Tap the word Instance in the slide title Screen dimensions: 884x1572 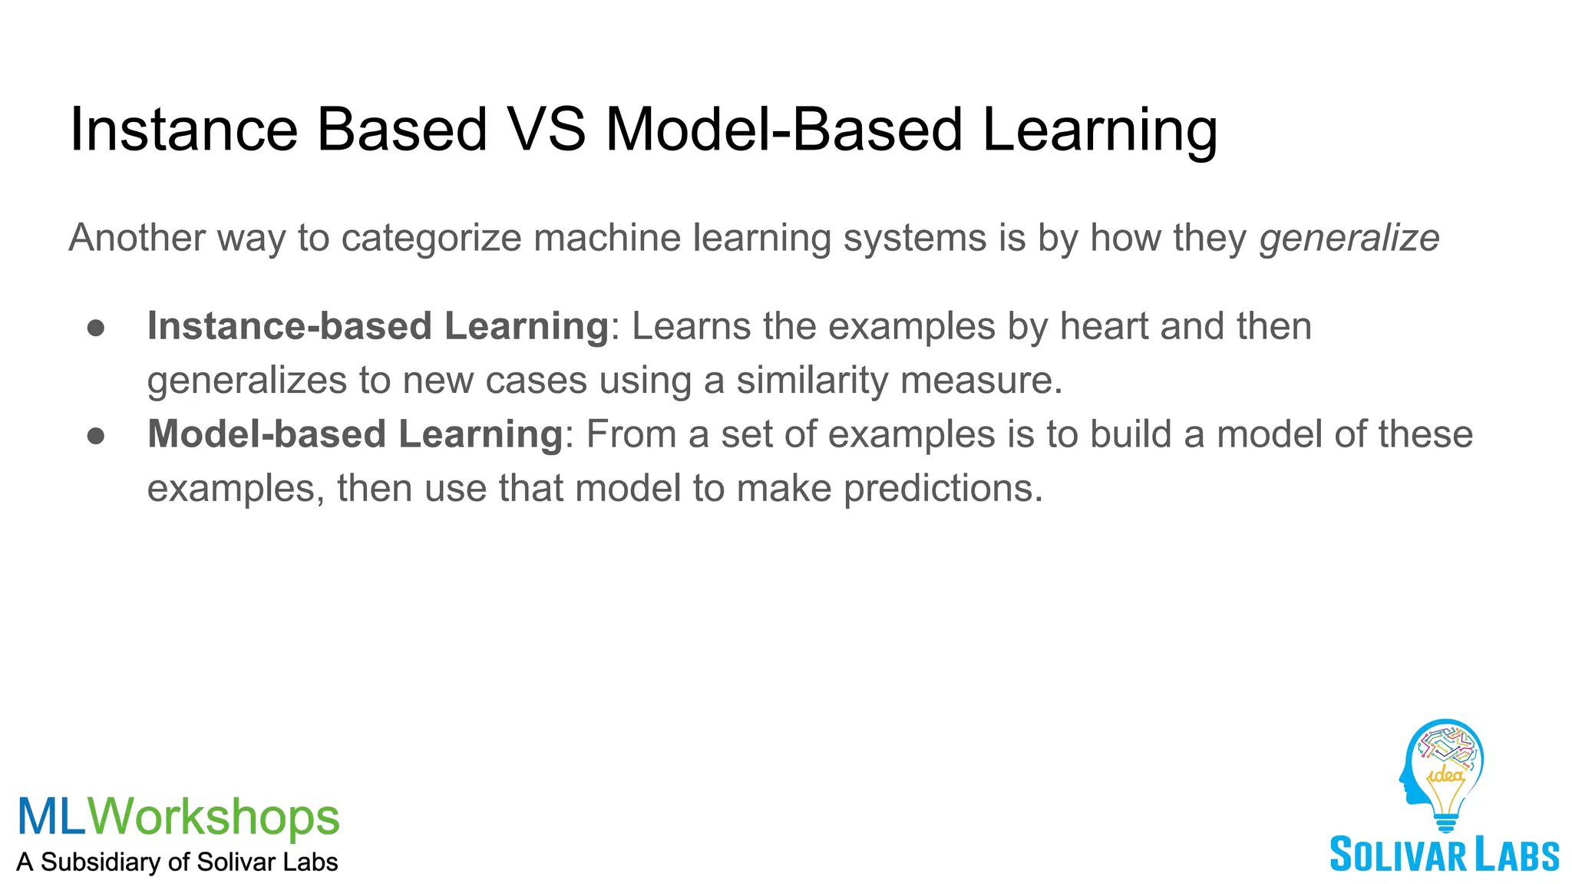[183, 129]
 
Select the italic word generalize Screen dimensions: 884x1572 [1349, 238]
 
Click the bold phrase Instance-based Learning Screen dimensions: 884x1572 [378, 326]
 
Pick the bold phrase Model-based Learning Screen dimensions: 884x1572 [355, 434]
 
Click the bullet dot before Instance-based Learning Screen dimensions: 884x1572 [96, 328]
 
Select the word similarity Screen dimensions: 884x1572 [812, 381]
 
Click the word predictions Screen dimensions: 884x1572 [943, 489]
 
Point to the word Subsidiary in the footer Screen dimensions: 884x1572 [101, 862]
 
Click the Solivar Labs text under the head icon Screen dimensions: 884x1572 [1444, 855]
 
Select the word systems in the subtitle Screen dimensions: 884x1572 [915, 238]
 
